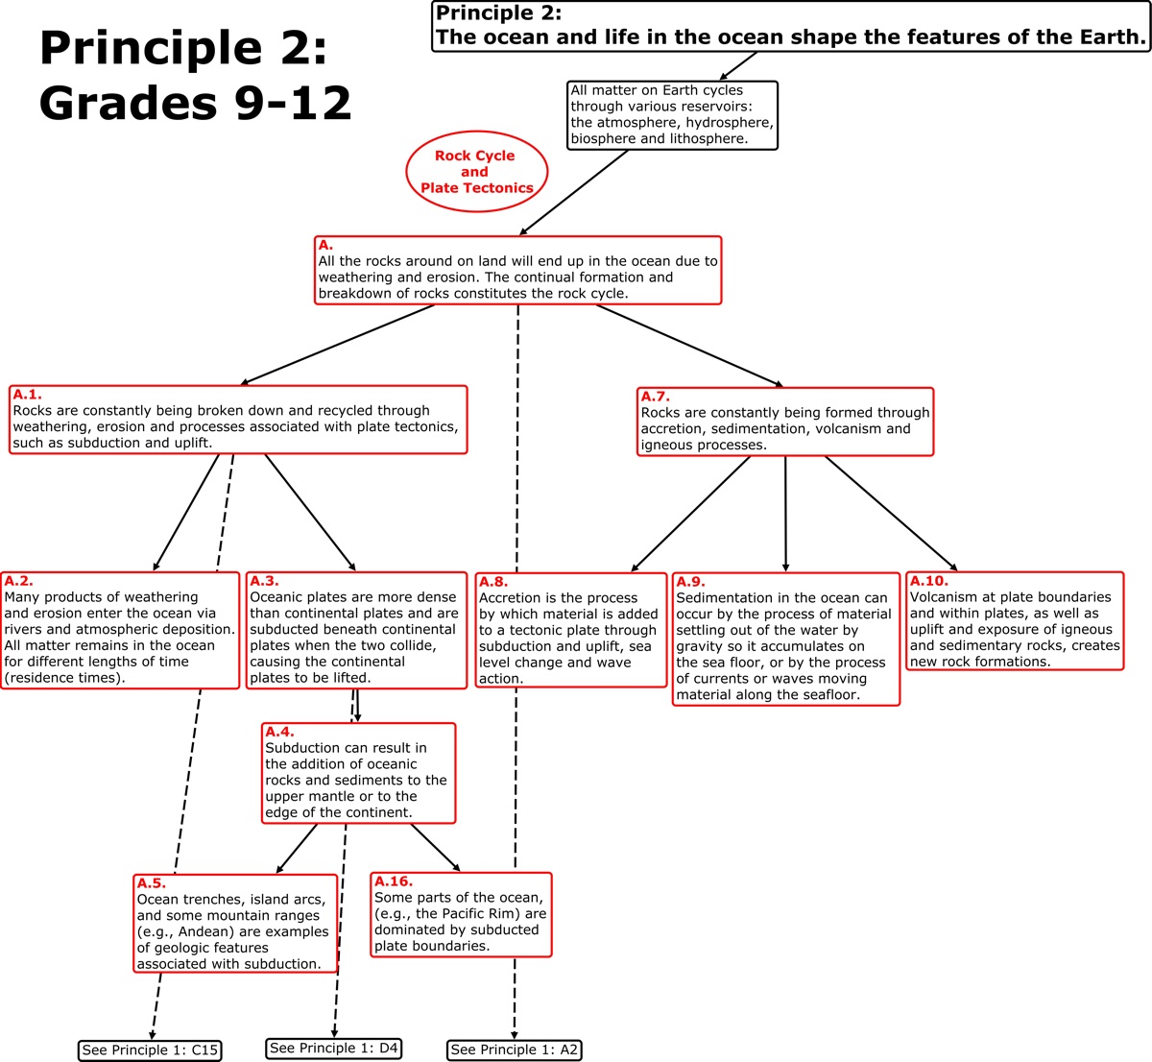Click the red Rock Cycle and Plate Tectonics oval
coord(476,172)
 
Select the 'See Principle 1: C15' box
coord(150,1050)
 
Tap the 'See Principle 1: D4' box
coord(333,1049)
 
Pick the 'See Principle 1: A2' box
coord(514,1050)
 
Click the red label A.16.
coord(394,881)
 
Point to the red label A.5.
coord(151,883)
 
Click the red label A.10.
coord(929,581)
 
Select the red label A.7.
coord(656,397)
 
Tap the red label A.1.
coord(27,394)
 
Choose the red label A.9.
coord(690,582)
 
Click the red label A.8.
coord(493,582)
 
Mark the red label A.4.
coord(279,732)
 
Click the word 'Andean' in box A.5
coord(198,931)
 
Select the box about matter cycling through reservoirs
coord(671,115)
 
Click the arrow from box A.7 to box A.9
coord(785,514)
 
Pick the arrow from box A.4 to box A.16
coord(435,848)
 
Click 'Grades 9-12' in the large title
coord(196,103)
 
